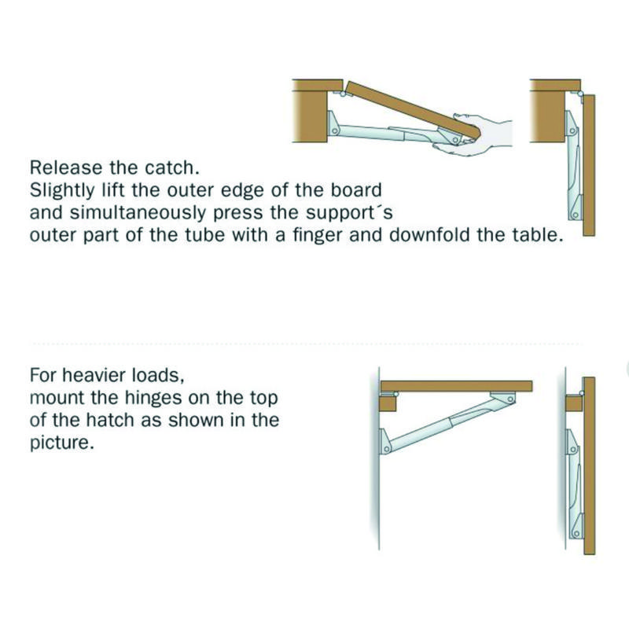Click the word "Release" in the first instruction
pyautogui.click(x=66, y=167)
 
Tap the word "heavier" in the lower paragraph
pyautogui.click(x=94, y=376)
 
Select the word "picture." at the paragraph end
pyautogui.click(x=62, y=443)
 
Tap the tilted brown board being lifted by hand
pyautogui.click(x=414, y=109)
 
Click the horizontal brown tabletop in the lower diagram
pyautogui.click(x=457, y=386)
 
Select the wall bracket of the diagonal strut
pyautogui.click(x=384, y=441)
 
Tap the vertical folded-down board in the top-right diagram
pyautogui.click(x=588, y=165)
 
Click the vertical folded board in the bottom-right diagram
pyautogui.click(x=589, y=465)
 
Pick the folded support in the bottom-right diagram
pyautogui.click(x=575, y=484)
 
